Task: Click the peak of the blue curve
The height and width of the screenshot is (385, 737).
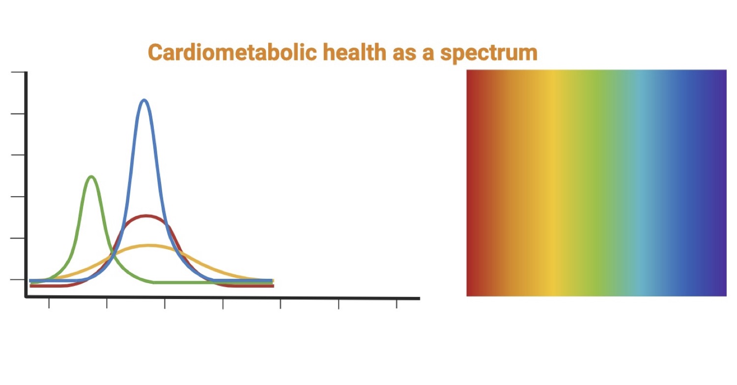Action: coord(144,100)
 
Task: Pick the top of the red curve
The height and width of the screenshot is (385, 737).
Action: coord(145,216)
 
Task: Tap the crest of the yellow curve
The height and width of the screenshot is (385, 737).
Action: coord(148,245)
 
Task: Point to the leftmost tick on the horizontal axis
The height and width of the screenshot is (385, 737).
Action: coord(49,303)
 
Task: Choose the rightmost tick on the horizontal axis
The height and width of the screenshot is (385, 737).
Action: coord(397,304)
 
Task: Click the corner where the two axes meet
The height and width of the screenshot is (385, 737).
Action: coord(26,296)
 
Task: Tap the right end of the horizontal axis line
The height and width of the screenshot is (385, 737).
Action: coord(418,298)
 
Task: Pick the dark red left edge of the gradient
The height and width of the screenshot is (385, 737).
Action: coord(470,182)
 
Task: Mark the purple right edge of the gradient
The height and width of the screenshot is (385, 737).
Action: coord(723,182)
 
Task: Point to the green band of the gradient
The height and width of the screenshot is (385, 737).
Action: coord(595,182)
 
